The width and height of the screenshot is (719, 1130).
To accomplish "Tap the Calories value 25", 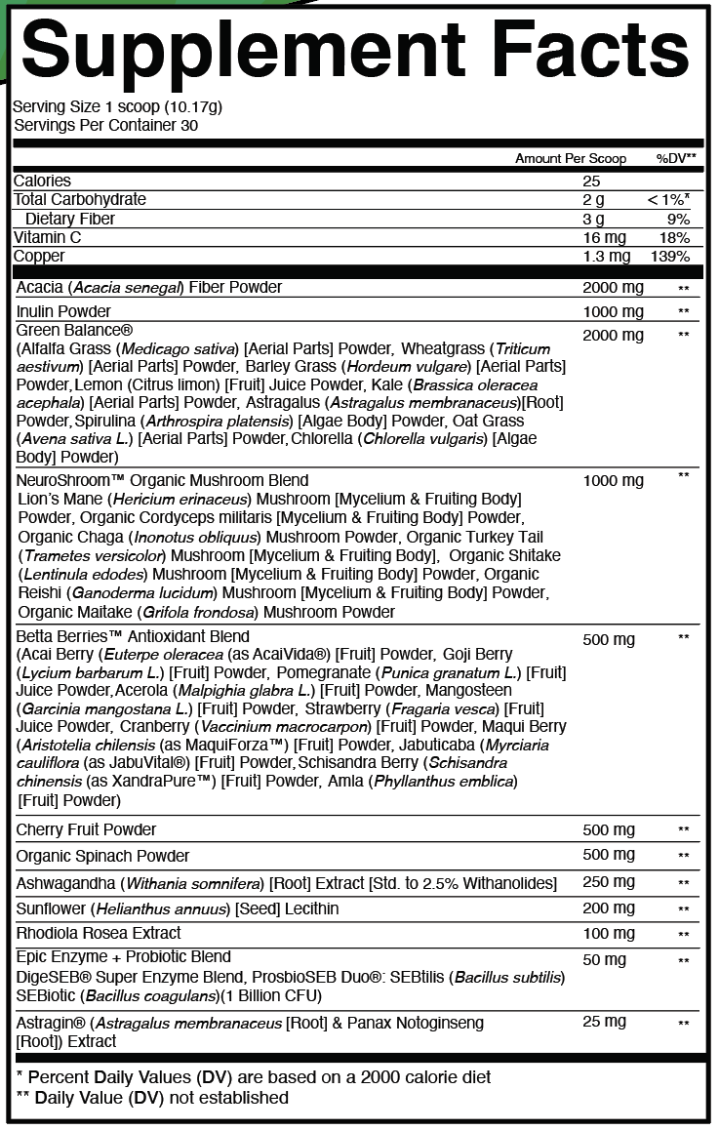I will click(x=591, y=181).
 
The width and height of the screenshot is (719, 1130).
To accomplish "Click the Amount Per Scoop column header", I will click(x=571, y=158).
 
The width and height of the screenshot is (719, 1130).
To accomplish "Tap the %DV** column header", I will click(x=675, y=158).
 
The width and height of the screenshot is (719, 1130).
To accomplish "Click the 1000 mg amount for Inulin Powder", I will click(x=613, y=311).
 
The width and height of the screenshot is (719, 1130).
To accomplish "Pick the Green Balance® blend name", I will click(x=74, y=330).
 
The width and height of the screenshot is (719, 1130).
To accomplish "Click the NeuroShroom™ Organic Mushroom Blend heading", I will click(x=162, y=480).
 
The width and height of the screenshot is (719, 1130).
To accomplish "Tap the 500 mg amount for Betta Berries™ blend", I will click(x=608, y=639).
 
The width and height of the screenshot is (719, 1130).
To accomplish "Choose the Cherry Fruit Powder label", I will click(x=86, y=829).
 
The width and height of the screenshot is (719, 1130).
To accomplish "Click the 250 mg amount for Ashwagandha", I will click(x=608, y=882).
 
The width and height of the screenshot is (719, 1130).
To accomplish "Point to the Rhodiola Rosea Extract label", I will click(x=99, y=933).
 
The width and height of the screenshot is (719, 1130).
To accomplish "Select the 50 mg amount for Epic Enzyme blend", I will click(x=604, y=960).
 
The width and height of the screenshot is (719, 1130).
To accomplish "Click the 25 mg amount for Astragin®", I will click(x=604, y=1021).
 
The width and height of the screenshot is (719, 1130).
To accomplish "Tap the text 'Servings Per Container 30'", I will click(x=105, y=125).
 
